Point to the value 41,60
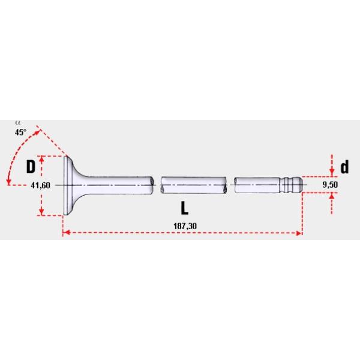40,185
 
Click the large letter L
185,208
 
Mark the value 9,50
330,185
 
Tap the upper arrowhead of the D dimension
42,158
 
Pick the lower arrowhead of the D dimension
42,212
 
